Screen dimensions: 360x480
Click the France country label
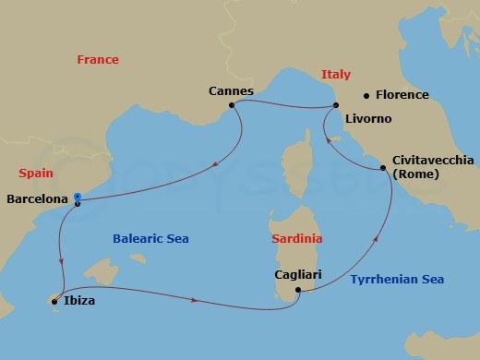click(98, 60)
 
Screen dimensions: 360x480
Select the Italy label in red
click(335, 75)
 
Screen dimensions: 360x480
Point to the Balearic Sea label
click(150, 239)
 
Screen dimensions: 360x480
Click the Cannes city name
click(231, 91)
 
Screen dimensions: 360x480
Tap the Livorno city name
click(368, 120)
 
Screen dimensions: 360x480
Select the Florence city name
click(402, 95)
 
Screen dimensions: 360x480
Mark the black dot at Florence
click(366, 95)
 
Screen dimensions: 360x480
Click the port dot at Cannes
click(231, 105)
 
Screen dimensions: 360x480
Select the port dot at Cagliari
click(298, 291)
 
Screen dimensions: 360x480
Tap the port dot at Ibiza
click(54, 301)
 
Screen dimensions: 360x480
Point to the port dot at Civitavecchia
click(383, 168)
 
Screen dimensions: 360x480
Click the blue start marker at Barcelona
click(78, 197)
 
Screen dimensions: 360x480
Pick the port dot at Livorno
click(336, 106)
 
